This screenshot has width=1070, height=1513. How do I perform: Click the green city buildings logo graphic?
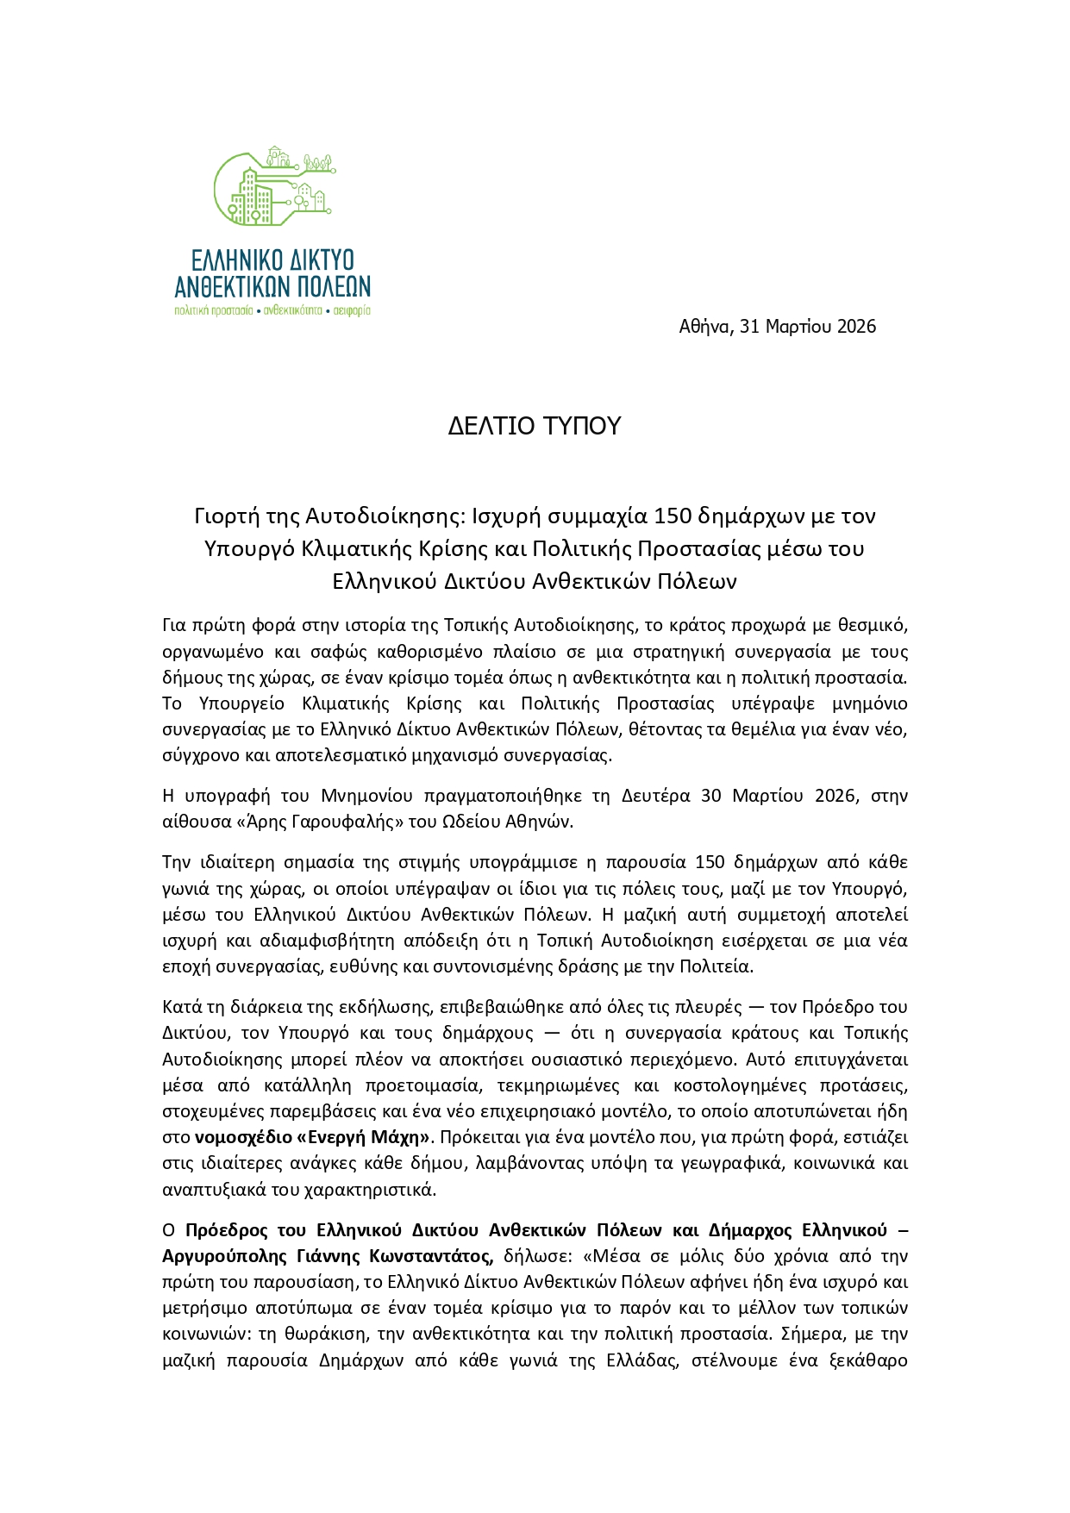pyautogui.click(x=272, y=189)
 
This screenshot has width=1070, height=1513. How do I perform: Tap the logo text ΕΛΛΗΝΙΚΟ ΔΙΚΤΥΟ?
pyautogui.click(x=272, y=259)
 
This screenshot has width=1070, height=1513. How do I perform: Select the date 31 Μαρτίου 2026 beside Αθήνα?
pyautogui.click(x=808, y=326)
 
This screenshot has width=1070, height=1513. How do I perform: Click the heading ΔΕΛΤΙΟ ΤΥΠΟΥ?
pyautogui.click(x=535, y=426)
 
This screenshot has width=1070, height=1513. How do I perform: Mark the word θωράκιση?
pyautogui.click(x=311, y=1334)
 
